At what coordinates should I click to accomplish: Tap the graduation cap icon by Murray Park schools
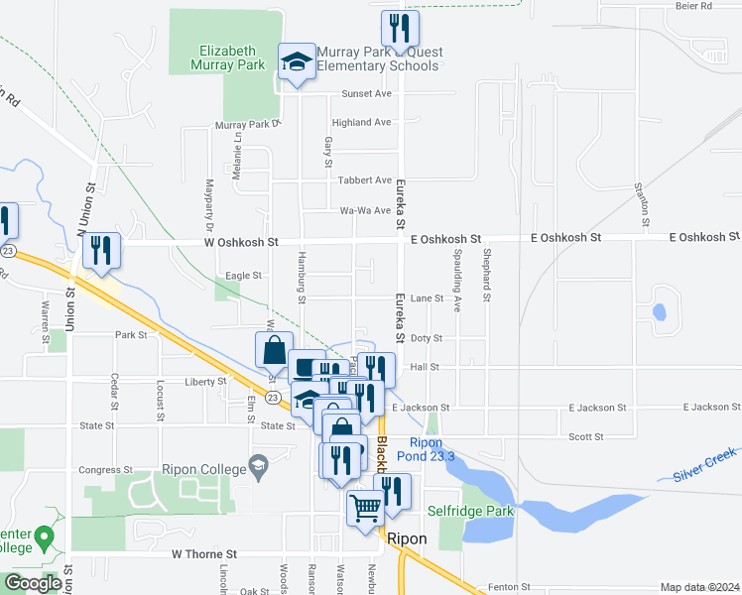tap(296, 62)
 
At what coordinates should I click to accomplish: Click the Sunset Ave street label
tap(367, 94)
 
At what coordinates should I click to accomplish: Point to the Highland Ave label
tap(362, 123)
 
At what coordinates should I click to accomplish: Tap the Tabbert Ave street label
tap(365, 180)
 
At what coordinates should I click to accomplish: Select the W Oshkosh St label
tap(242, 242)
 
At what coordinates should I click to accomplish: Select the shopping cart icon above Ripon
tap(365, 508)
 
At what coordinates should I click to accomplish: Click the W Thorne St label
tap(204, 554)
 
